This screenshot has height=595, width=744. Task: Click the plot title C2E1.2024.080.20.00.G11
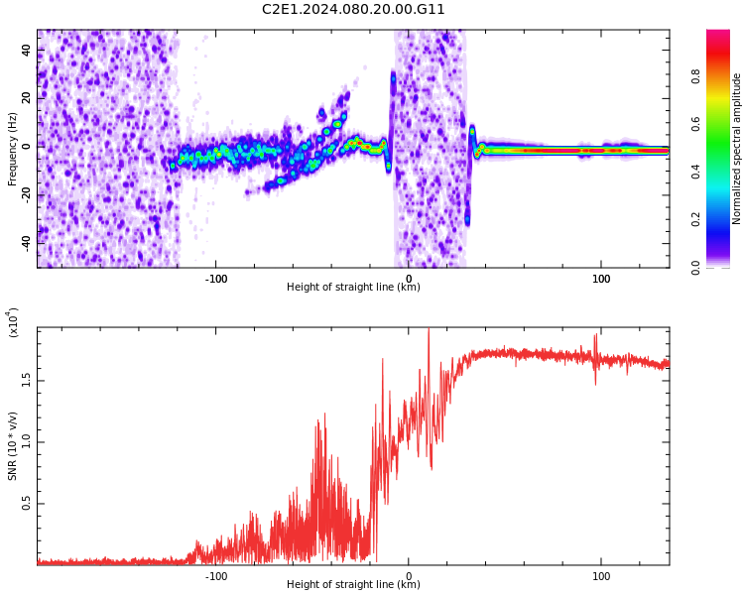353,10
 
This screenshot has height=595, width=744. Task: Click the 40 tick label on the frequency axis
26,50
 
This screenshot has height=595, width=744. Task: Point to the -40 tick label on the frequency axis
24,241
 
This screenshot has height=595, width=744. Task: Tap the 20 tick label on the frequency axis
26,97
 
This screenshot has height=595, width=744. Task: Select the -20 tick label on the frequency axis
24,193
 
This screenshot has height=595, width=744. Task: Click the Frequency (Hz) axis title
12,149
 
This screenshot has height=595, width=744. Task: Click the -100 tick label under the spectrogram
215,278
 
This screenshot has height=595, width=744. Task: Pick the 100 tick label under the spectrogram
601,278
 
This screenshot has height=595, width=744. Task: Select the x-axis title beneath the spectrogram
353,288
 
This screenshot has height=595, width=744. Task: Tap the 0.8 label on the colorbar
724,75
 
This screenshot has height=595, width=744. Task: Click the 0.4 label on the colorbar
724,172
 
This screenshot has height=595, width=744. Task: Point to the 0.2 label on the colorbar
724,219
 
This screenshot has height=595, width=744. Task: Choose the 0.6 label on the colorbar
724,123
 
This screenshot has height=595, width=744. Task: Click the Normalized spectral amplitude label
737,149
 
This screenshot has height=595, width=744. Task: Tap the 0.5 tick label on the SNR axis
26,504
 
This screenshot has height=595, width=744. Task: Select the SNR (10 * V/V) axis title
13,446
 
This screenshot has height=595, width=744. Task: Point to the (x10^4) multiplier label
13,322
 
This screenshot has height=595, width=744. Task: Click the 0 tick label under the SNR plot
408,575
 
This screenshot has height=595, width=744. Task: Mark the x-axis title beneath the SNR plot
353,585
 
